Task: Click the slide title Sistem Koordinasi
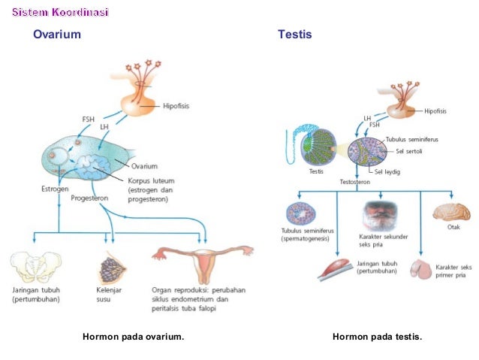tap(60, 13)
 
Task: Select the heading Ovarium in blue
tap(56, 35)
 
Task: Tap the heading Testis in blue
tap(294, 35)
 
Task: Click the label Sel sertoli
tap(412, 150)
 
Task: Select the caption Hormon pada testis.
tap(377, 337)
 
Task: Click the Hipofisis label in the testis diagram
tap(435, 110)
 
